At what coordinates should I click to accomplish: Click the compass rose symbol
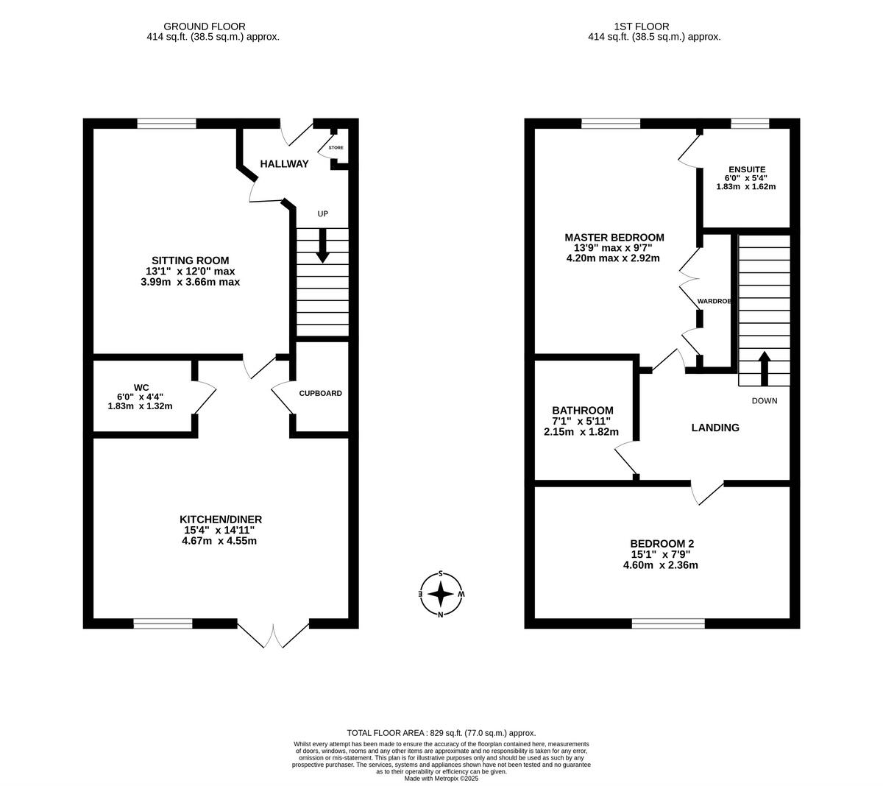[441, 593]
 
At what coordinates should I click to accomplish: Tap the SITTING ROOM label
[190, 261]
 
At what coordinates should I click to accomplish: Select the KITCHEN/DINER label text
[221, 520]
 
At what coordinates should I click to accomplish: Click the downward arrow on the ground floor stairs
[322, 246]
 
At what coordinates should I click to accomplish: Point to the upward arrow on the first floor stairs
[764, 368]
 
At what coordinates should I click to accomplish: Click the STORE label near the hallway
[336, 148]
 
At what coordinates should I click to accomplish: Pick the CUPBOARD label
[320, 393]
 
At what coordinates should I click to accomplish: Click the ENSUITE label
[745, 168]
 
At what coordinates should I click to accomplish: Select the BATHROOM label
[582, 411]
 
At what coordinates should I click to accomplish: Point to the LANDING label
[714, 428]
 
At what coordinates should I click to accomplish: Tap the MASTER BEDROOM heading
[614, 238]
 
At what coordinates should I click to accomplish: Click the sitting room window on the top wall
[166, 124]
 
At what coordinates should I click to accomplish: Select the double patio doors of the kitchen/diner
[274, 634]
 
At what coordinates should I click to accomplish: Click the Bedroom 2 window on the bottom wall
[668, 623]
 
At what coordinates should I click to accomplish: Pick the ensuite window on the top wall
[749, 124]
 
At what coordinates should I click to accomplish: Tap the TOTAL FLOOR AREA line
[441, 733]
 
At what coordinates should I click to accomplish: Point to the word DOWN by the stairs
[764, 401]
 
